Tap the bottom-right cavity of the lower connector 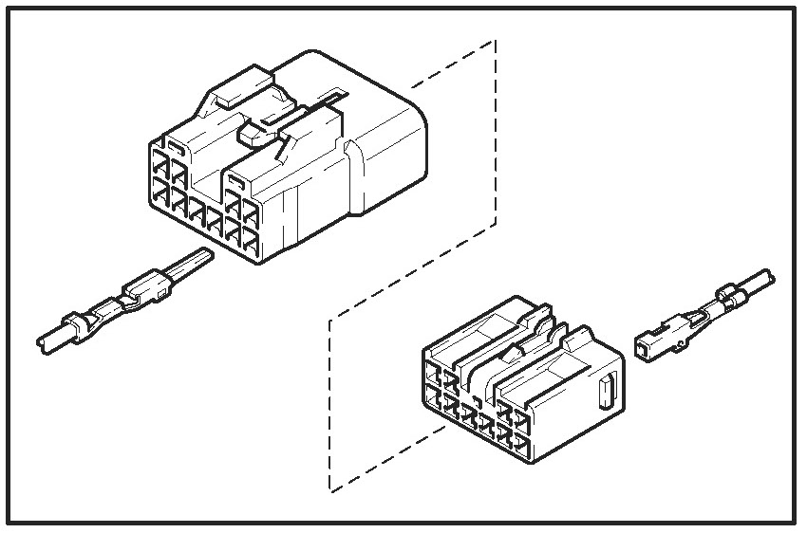coord(516,439)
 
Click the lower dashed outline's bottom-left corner coord(330,490)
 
